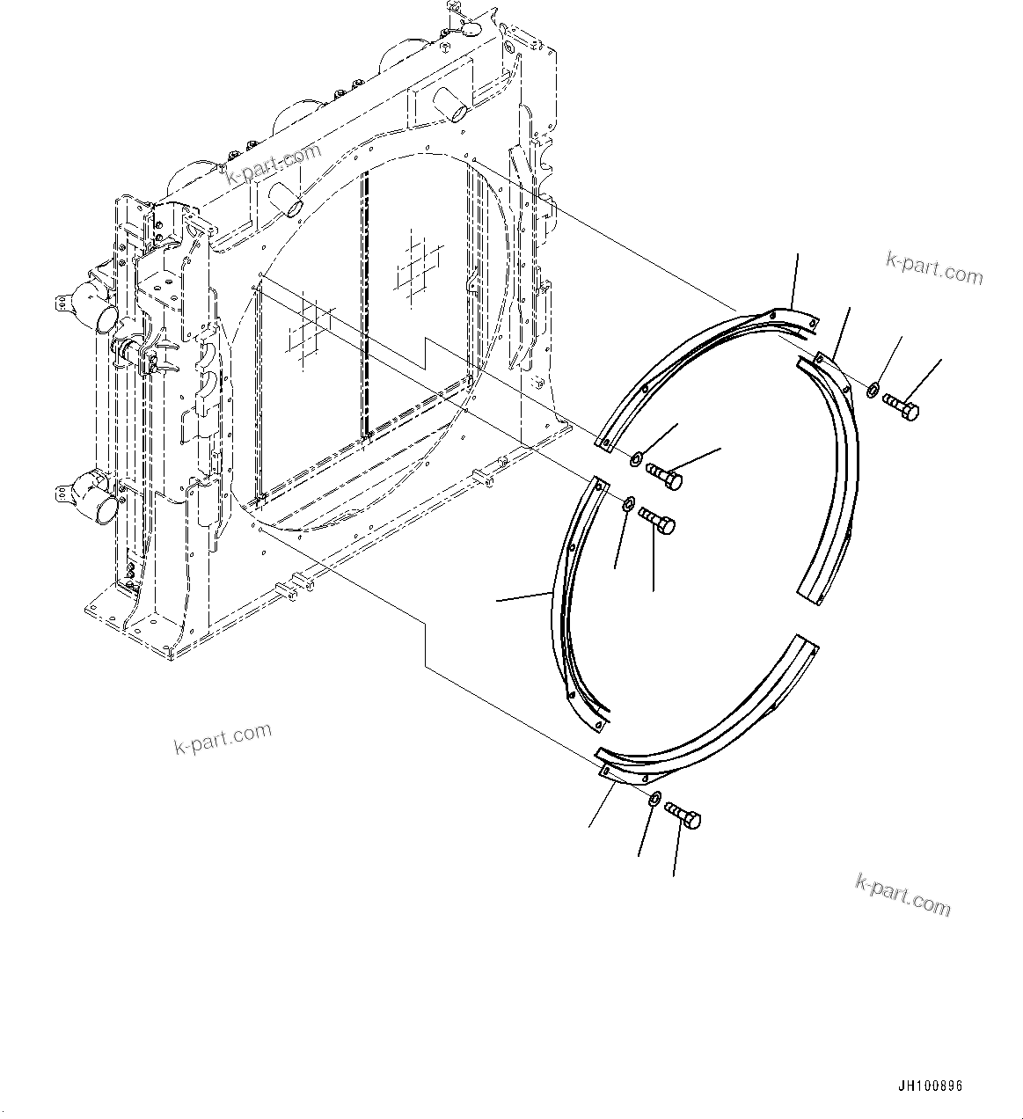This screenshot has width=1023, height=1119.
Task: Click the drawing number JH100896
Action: tap(931, 1086)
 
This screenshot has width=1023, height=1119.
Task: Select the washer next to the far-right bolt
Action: tap(871, 389)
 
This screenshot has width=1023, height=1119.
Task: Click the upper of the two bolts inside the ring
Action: tap(664, 476)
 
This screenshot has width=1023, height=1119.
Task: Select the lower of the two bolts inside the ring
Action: tap(658, 520)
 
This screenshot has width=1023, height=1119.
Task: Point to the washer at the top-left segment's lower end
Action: tap(635, 457)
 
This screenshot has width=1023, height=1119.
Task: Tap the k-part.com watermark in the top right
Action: tap(933, 268)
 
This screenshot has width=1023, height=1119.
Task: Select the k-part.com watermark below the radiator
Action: tap(223, 739)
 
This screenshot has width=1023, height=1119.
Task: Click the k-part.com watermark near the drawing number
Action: tap(902, 895)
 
